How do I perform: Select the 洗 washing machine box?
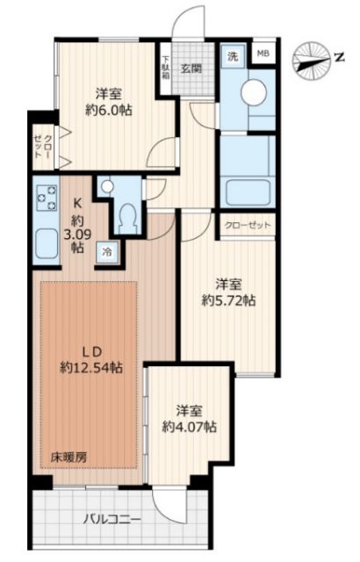(233, 55)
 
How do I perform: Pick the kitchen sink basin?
(44, 239)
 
